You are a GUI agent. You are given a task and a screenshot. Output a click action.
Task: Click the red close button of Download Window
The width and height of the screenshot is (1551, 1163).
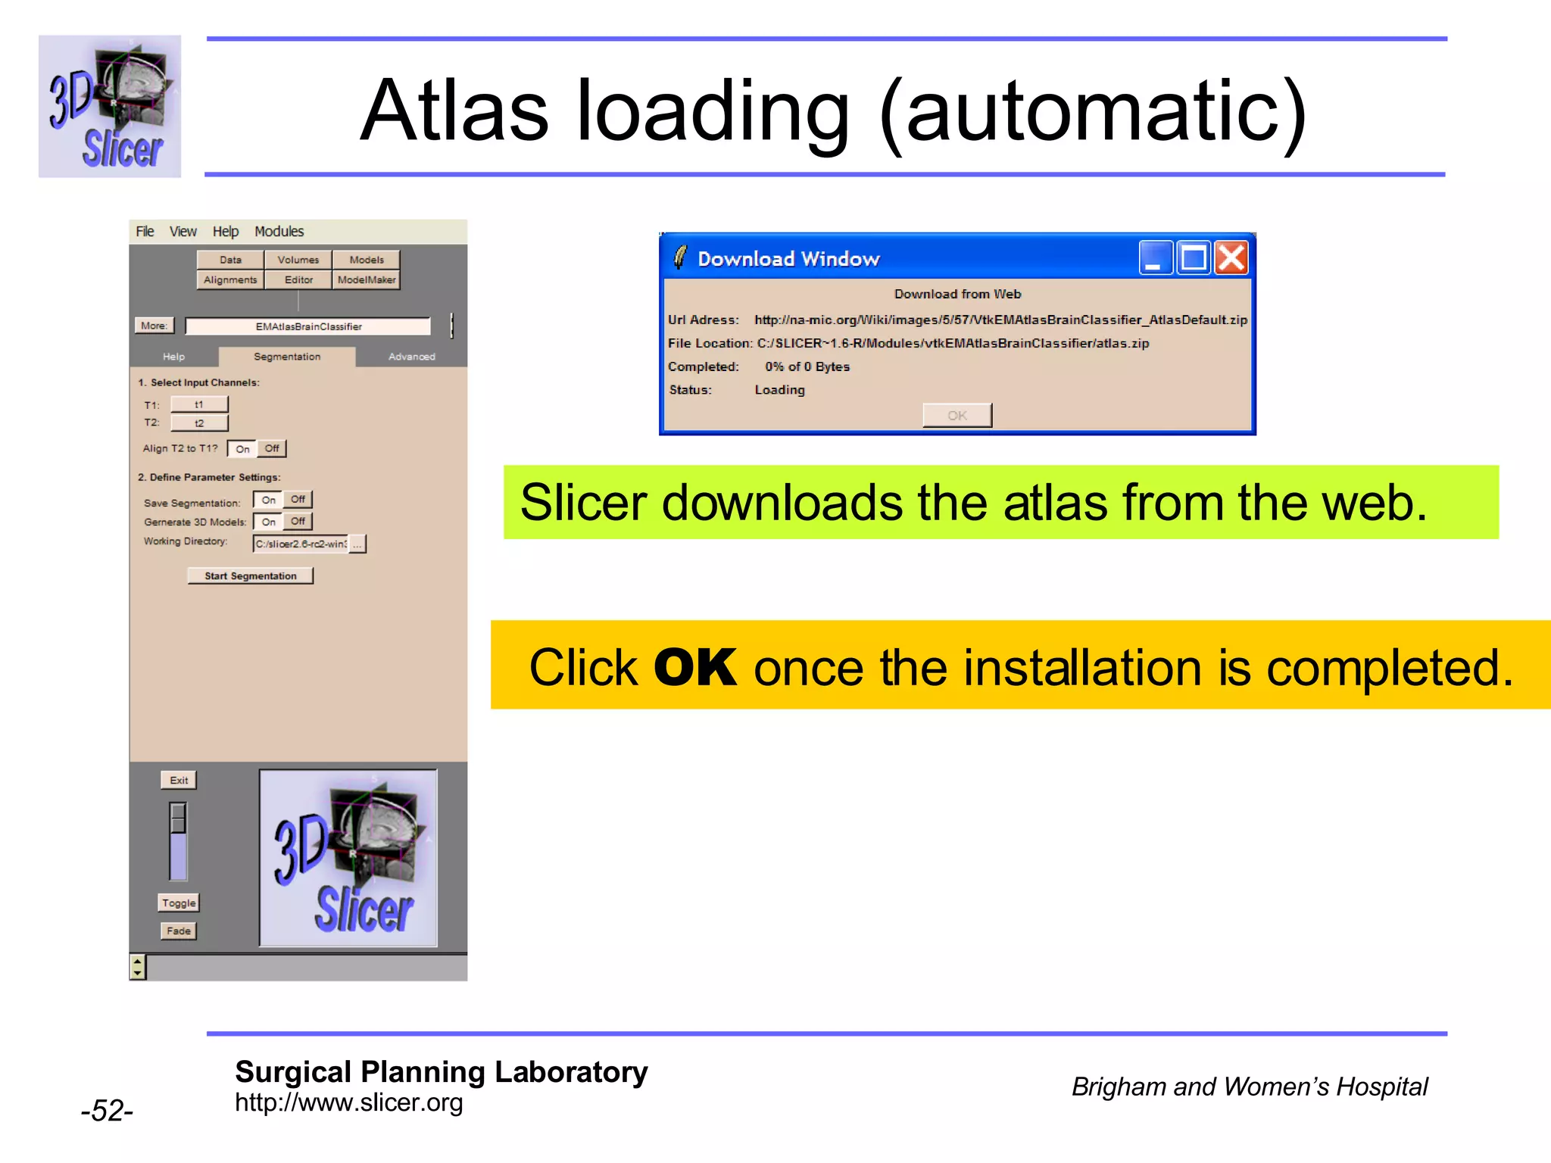pyautogui.click(x=1231, y=258)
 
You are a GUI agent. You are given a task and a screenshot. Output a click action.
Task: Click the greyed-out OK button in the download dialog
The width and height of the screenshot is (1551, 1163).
pyautogui.click(x=957, y=416)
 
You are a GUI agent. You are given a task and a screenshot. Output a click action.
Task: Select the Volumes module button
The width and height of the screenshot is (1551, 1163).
pyautogui.click(x=298, y=260)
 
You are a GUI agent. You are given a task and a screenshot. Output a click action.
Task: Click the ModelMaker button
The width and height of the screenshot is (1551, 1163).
pyautogui.click(x=366, y=280)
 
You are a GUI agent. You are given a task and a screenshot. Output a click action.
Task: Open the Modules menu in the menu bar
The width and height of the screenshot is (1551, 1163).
pyautogui.click(x=279, y=232)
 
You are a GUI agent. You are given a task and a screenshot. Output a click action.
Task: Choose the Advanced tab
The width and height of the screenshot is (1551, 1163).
pyautogui.click(x=411, y=357)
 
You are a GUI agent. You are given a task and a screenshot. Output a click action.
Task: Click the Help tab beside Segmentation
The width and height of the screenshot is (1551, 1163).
pyautogui.click(x=173, y=357)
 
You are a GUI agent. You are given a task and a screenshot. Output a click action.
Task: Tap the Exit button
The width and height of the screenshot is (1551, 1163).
pyautogui.click(x=179, y=781)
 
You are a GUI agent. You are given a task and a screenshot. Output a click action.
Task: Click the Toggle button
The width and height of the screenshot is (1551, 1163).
pyautogui.click(x=179, y=903)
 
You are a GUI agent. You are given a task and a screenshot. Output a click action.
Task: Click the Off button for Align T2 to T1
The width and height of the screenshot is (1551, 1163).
pyautogui.click(x=272, y=449)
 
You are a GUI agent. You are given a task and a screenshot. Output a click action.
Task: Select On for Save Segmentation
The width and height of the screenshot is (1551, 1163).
pyautogui.click(x=268, y=500)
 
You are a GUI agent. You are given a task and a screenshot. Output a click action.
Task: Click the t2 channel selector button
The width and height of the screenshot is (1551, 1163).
pyautogui.click(x=199, y=423)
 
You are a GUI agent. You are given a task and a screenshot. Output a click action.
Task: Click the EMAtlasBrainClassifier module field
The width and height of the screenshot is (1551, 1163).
pyautogui.click(x=308, y=327)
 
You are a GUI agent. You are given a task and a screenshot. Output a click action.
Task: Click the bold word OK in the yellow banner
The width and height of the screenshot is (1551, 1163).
pyautogui.click(x=694, y=668)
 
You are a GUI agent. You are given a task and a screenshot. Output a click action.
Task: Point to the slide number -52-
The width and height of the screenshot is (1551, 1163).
pyautogui.click(x=107, y=1111)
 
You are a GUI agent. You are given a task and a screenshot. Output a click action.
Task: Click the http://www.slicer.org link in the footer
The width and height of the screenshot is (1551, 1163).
pyautogui.click(x=348, y=1103)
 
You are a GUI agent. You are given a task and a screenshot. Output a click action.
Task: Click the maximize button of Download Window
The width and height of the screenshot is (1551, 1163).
pyautogui.click(x=1194, y=258)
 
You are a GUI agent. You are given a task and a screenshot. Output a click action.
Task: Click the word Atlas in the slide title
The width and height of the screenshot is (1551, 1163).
pyautogui.click(x=454, y=111)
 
